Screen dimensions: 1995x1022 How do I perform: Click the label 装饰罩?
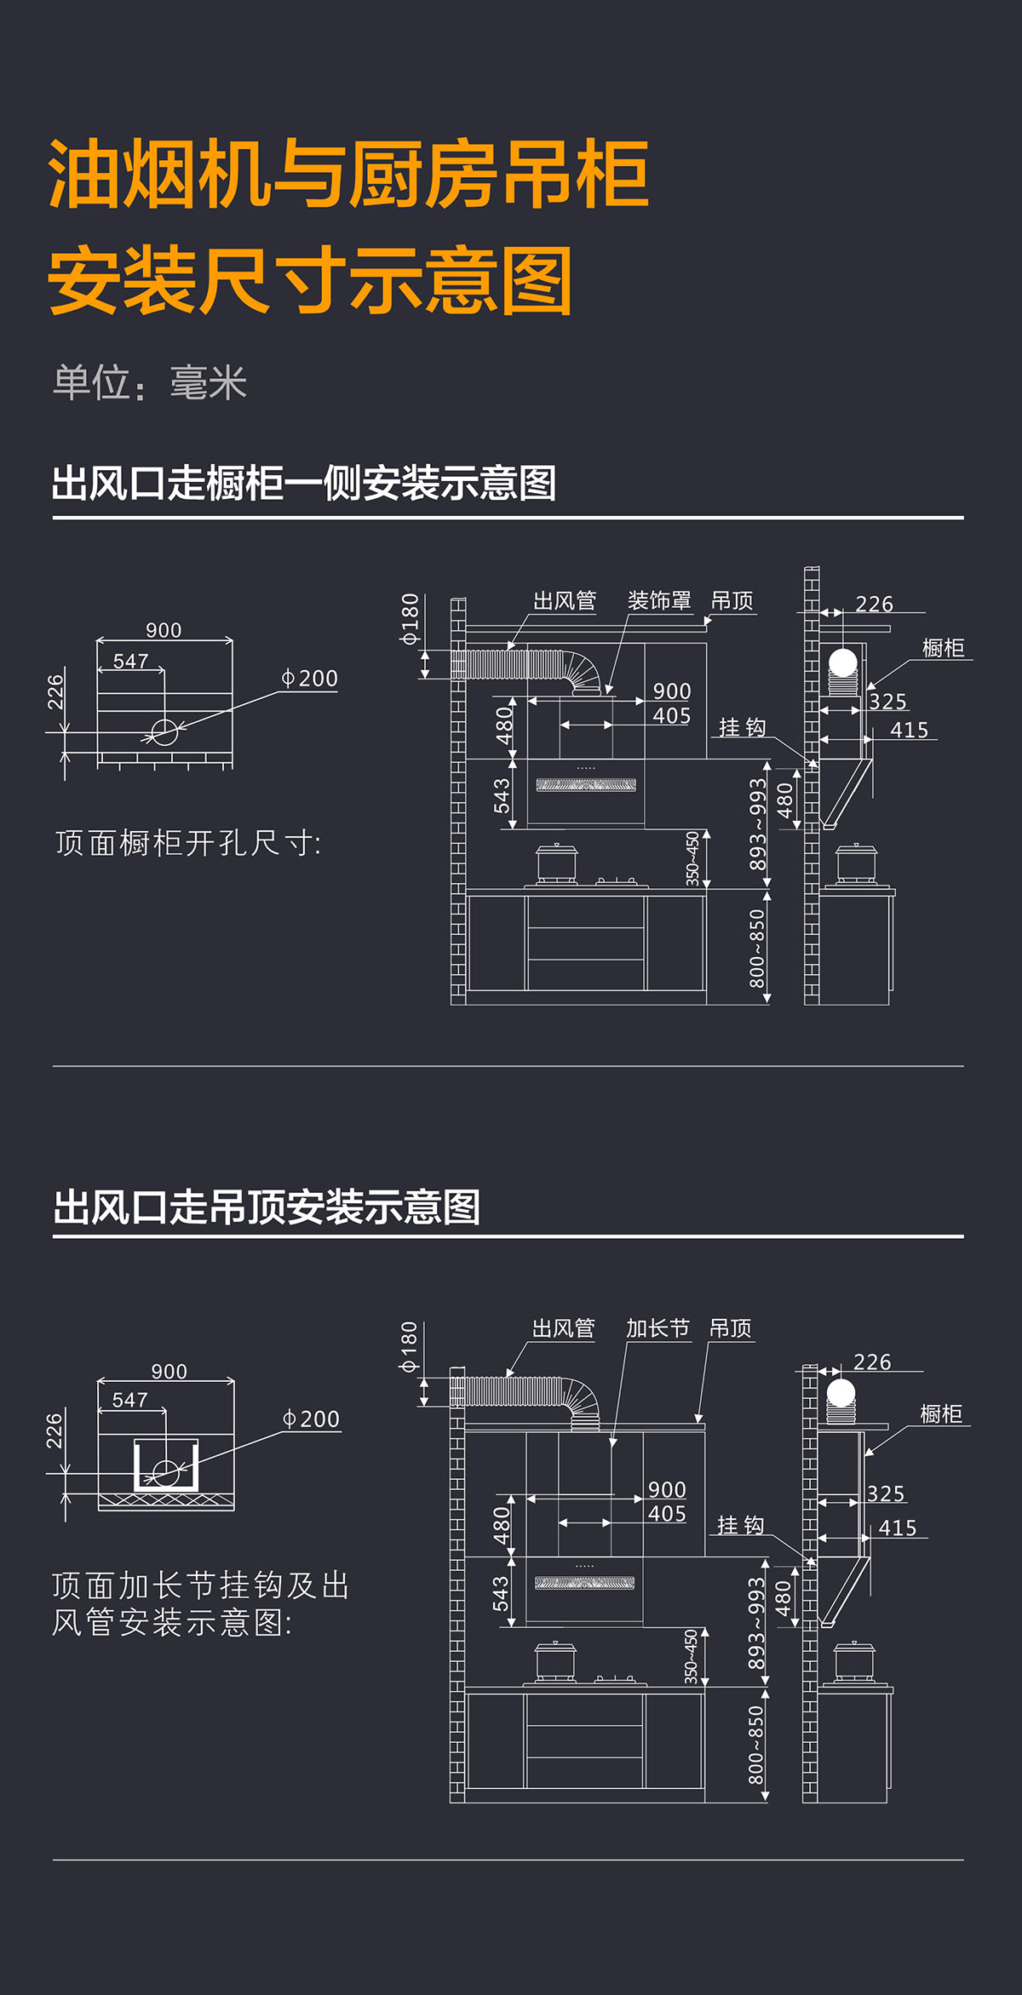(658, 601)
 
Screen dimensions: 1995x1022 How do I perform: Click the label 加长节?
(657, 1328)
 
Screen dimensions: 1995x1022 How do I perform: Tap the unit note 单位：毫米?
(150, 383)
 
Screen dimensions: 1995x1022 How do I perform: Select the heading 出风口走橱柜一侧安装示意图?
(303, 484)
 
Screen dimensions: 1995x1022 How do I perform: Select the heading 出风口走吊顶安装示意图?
(267, 1207)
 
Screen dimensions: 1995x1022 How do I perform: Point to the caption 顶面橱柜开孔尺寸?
(188, 844)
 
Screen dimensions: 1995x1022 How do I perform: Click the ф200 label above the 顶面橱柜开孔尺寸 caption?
(310, 679)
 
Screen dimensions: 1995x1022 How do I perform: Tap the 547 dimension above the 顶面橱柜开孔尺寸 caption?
(130, 662)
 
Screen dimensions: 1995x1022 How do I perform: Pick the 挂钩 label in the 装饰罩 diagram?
(742, 727)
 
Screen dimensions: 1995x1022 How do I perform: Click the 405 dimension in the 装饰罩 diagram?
(671, 716)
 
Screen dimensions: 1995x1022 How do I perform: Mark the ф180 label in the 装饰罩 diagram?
(411, 618)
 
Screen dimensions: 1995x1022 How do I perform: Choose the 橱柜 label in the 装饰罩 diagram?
(943, 648)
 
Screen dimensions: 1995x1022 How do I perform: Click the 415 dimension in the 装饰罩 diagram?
(909, 730)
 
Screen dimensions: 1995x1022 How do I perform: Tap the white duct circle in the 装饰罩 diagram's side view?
(843, 662)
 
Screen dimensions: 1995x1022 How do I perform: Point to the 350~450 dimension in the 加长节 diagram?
(692, 1656)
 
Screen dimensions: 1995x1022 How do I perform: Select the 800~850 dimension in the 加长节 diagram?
(756, 1745)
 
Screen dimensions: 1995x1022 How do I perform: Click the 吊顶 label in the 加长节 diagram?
(730, 1328)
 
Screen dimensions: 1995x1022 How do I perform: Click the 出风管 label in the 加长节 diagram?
(563, 1328)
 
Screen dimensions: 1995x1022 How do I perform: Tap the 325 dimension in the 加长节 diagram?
(886, 1494)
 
